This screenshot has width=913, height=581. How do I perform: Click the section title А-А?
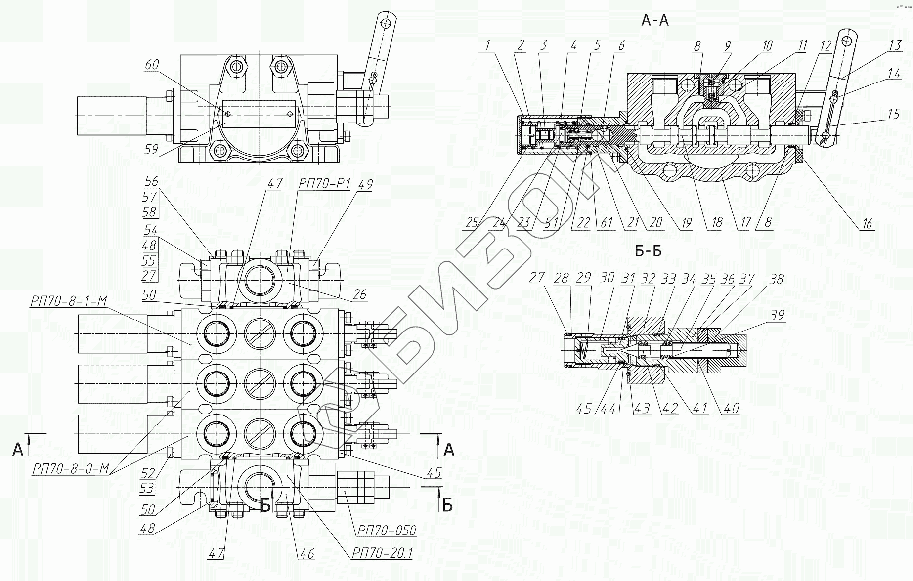pyautogui.click(x=654, y=20)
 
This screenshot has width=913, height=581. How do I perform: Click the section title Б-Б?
pyautogui.click(x=648, y=251)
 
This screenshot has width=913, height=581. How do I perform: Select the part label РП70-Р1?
pyautogui.click(x=324, y=184)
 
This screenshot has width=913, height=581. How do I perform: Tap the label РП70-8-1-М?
pyautogui.click(x=68, y=301)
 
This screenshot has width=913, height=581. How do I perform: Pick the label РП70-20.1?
pyautogui.click(x=382, y=553)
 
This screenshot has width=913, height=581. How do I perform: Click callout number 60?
pyautogui.click(x=152, y=65)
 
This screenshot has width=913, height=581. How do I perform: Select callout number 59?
pyautogui.click(x=151, y=149)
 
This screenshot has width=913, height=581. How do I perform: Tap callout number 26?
pyautogui.click(x=359, y=295)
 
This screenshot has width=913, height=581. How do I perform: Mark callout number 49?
pyautogui.click(x=365, y=185)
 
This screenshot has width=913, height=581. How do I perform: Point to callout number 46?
pyautogui.click(x=307, y=554)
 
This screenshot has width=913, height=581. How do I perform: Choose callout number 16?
pyautogui.click(x=868, y=223)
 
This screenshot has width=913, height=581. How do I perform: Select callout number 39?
pyautogui.click(x=777, y=315)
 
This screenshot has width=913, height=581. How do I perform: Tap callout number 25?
pyautogui.click(x=472, y=223)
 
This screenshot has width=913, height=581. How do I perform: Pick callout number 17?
pyautogui.click(x=745, y=223)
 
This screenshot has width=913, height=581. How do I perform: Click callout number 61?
pyautogui.click(x=607, y=223)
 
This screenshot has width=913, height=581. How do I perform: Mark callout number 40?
pyautogui.click(x=731, y=408)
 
